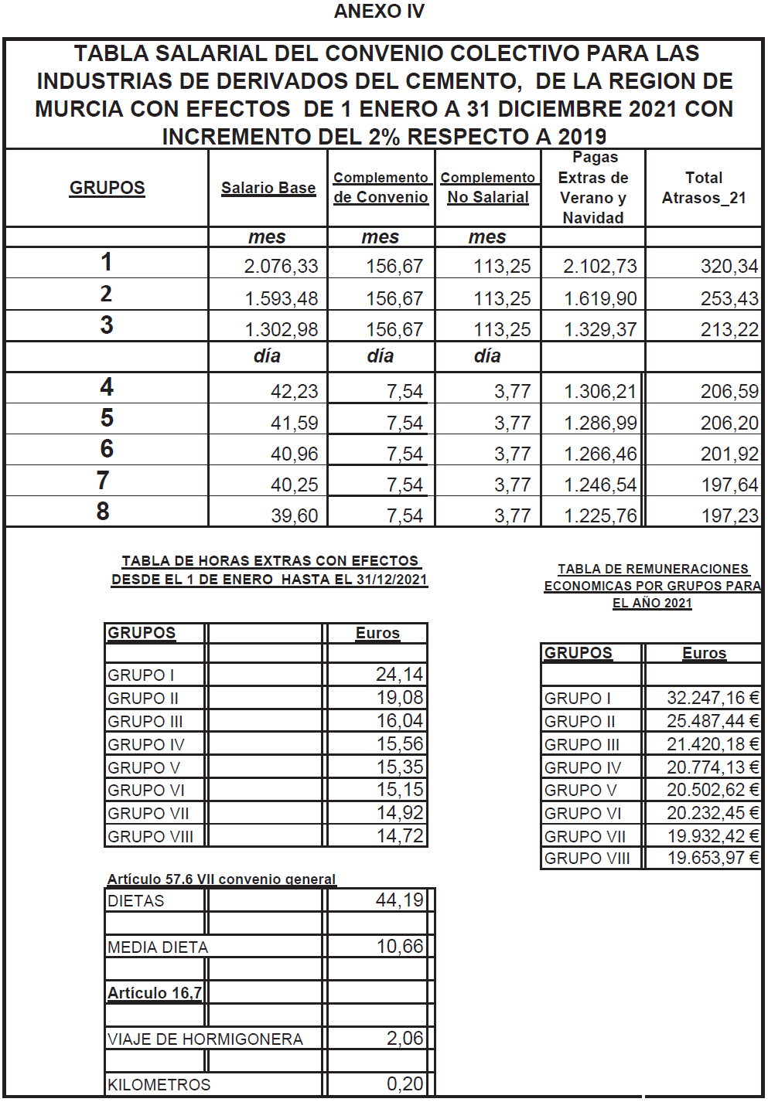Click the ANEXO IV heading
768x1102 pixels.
379,12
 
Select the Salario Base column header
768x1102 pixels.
268,188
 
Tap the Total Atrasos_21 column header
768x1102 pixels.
704,188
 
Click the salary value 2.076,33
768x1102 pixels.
281,267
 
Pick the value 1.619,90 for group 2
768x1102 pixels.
600,299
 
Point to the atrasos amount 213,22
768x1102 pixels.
729,330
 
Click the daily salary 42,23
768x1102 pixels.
294,392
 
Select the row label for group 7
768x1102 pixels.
103,481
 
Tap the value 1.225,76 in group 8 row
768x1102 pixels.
600,515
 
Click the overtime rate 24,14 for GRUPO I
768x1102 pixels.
399,675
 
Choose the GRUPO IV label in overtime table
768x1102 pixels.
146,744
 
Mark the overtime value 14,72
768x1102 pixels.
399,835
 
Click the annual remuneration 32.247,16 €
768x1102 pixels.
712,698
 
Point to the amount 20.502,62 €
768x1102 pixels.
712,790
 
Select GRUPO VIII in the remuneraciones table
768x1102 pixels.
587,858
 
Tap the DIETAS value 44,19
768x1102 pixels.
399,900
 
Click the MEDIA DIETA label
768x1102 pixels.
158,947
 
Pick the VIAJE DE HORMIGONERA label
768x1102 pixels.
205,1039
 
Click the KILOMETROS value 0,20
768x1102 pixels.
404,1084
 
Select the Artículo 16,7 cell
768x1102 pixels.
155,993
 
